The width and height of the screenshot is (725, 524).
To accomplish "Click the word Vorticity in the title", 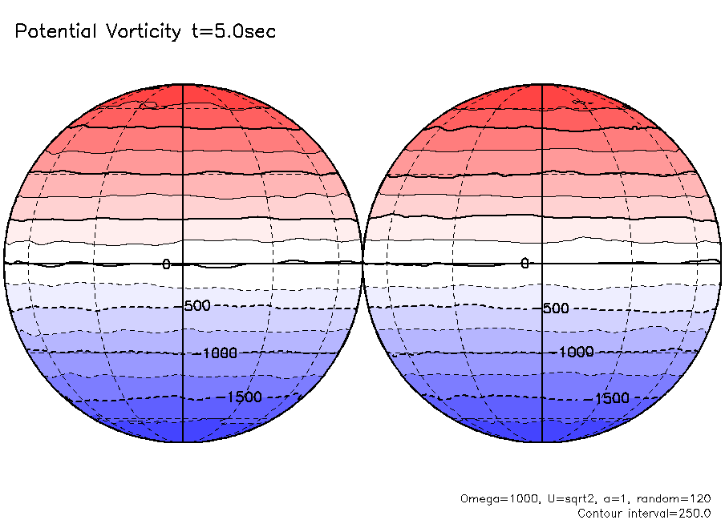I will (x=144, y=32).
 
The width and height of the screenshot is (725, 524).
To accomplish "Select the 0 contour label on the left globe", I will (x=167, y=264).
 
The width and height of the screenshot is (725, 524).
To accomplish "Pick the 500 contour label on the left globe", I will (x=197, y=307).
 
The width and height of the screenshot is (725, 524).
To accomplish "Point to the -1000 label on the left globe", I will (x=217, y=352).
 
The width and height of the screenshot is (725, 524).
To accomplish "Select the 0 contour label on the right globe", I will (x=525, y=264).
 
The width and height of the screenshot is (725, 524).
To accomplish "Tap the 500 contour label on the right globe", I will (x=556, y=308).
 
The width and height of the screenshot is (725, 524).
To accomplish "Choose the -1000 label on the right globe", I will (x=576, y=352).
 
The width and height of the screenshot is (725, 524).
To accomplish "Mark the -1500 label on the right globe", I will (x=611, y=398).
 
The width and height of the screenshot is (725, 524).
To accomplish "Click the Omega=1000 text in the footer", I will (x=490, y=498).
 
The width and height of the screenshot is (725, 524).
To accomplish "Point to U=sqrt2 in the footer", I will (x=552, y=498).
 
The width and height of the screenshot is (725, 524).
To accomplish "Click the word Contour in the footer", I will (x=599, y=513).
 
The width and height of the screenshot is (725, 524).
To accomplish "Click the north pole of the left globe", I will (x=183, y=84).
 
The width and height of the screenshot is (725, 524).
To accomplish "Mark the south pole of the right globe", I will (x=542, y=441).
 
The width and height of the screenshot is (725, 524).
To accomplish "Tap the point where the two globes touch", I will (x=362, y=263).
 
